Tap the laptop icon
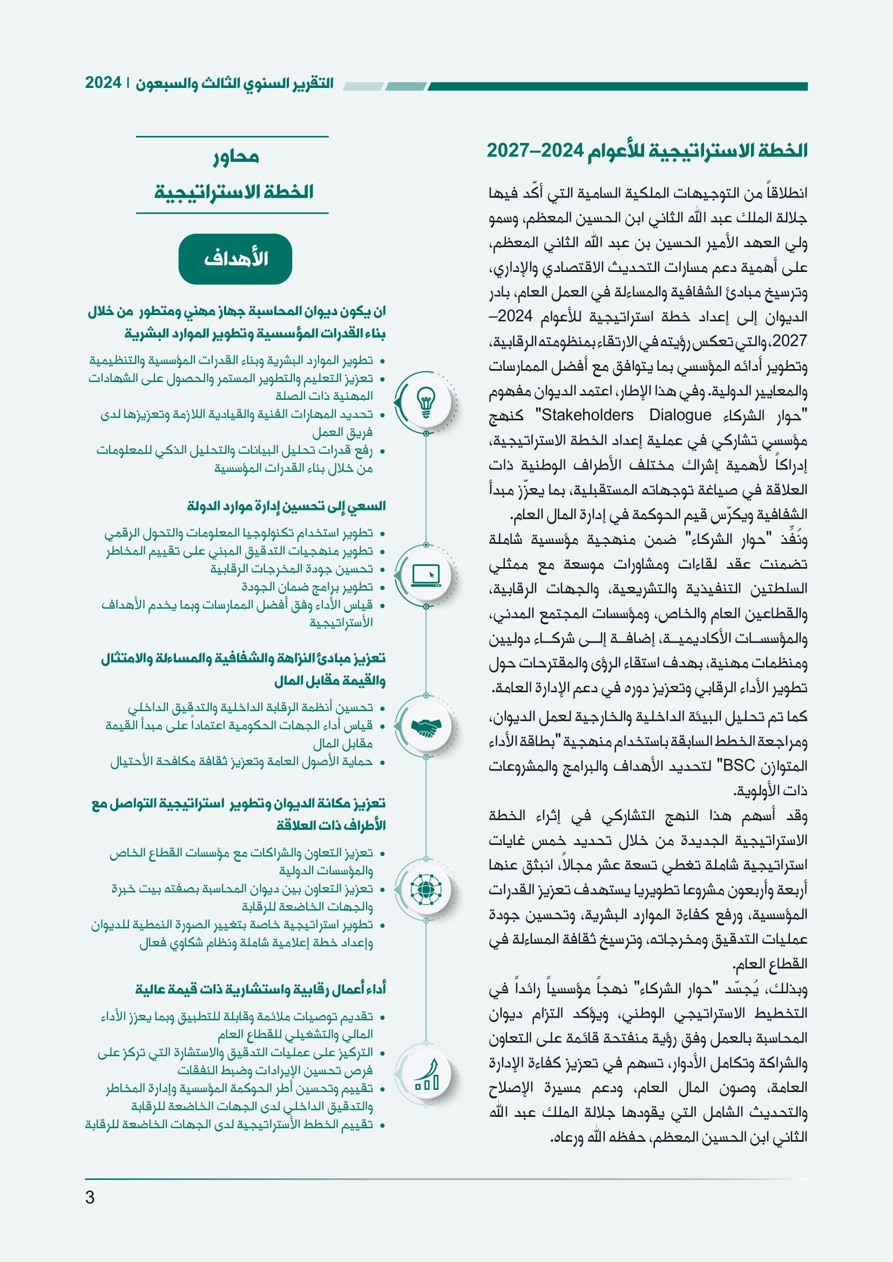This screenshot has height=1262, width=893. pos(425,575)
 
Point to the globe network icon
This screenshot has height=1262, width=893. pos(425,889)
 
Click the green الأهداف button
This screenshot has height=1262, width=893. pos(235,259)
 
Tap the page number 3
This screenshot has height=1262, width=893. pos(90,1197)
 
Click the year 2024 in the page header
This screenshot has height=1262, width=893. pos(103,83)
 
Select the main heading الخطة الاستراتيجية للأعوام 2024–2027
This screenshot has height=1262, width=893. pos(647,150)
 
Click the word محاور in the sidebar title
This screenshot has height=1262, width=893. pos(236,157)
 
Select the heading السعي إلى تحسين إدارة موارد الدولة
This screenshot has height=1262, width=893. pos(286,506)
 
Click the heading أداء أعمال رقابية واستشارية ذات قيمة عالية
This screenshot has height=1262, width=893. pos(261,989)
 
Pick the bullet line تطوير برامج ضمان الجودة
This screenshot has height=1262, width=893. pos(307,587)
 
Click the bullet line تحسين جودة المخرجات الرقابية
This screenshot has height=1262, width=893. pos(292,569)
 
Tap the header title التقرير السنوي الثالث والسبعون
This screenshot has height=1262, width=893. pos(234,83)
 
